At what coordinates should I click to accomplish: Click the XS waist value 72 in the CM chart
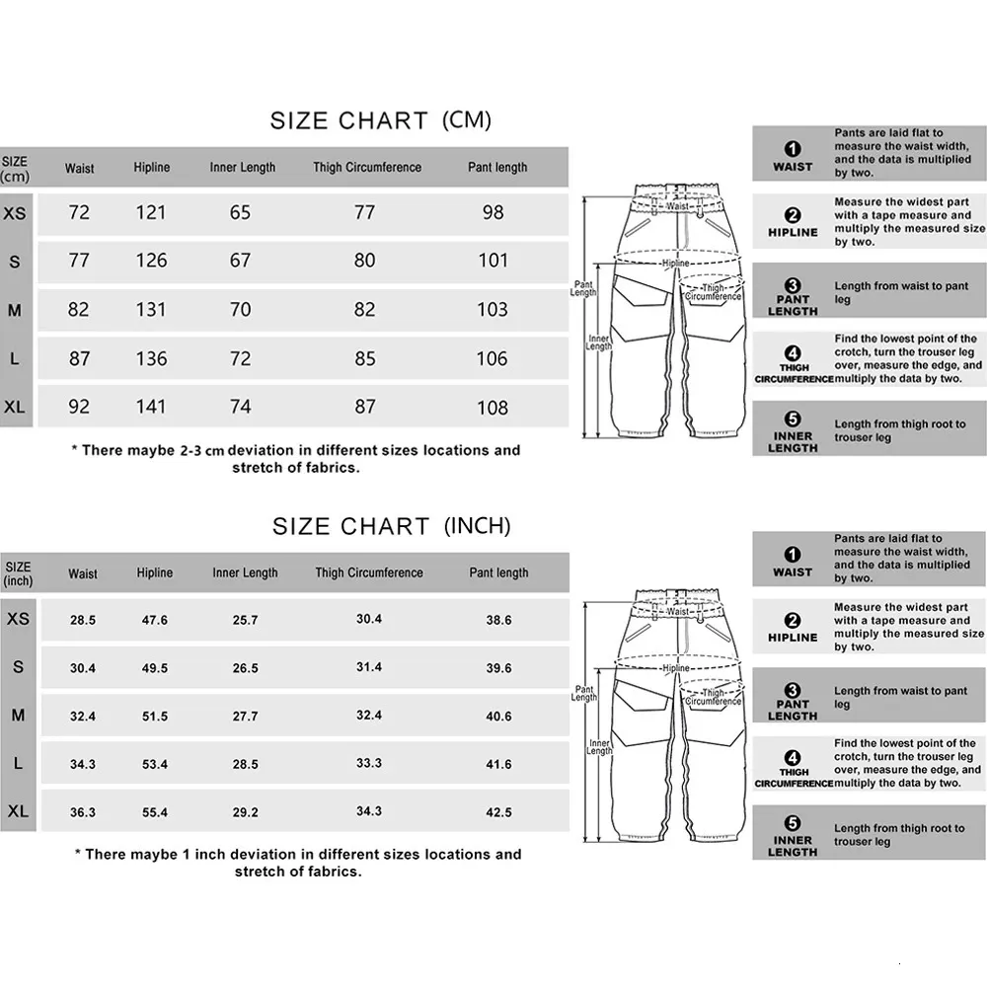pyautogui.click(x=79, y=212)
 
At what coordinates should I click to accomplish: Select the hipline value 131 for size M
pyautogui.click(x=151, y=309)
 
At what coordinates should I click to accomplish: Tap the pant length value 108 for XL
pyautogui.click(x=493, y=407)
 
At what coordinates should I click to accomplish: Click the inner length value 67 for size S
pyautogui.click(x=241, y=261)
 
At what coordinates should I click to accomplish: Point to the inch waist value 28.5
pyautogui.click(x=83, y=620)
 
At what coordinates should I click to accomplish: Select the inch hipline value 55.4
pyautogui.click(x=155, y=812)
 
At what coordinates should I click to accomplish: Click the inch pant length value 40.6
pyautogui.click(x=499, y=717)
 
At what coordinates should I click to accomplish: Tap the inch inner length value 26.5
pyautogui.click(x=245, y=668)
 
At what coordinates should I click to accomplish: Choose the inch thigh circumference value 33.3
pyautogui.click(x=369, y=763)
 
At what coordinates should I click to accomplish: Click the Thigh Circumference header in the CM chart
pyautogui.click(x=367, y=168)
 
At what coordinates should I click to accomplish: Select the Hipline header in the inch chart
pyautogui.click(x=155, y=572)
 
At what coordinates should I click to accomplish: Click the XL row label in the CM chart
pyautogui.click(x=15, y=407)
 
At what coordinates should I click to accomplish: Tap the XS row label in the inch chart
pyautogui.click(x=18, y=619)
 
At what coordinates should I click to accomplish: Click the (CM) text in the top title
pyautogui.click(x=464, y=120)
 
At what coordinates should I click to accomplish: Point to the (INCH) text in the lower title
pyautogui.click(x=478, y=526)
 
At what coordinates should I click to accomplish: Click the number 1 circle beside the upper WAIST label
pyautogui.click(x=793, y=150)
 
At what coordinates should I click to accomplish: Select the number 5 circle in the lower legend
pyautogui.click(x=793, y=824)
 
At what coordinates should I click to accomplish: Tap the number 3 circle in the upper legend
pyautogui.click(x=793, y=285)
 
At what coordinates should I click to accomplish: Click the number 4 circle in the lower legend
pyautogui.click(x=793, y=757)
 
